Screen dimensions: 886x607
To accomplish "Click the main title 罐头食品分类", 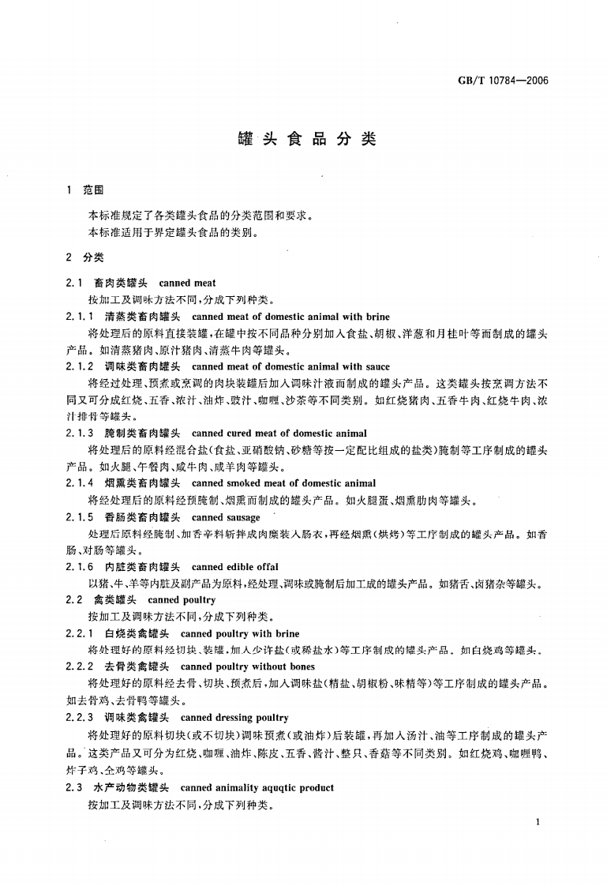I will point(307,141).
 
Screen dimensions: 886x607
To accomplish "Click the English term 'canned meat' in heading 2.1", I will point(187,283).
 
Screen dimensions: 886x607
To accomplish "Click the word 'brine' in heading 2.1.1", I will point(377,317).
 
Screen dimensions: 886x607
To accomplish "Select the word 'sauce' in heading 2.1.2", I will point(377,366).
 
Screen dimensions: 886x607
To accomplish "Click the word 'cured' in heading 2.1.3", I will point(240,434).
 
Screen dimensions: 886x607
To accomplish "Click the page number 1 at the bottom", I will point(537,823).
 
